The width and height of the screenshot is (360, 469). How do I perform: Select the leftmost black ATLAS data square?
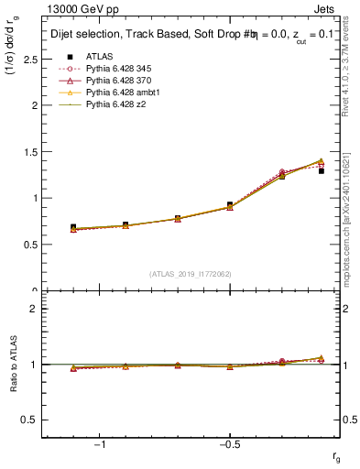[73, 227]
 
